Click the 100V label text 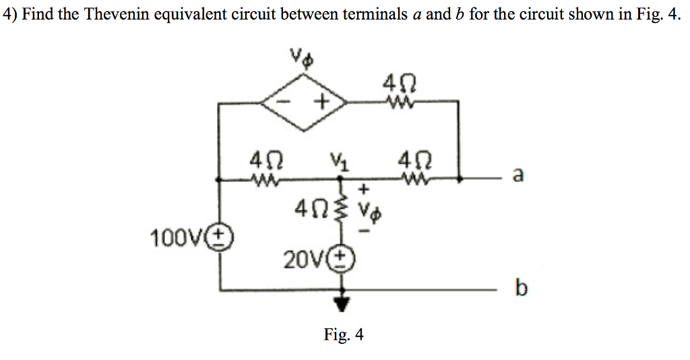point(182,238)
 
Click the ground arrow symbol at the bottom point(344,304)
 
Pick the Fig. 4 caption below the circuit point(344,334)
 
